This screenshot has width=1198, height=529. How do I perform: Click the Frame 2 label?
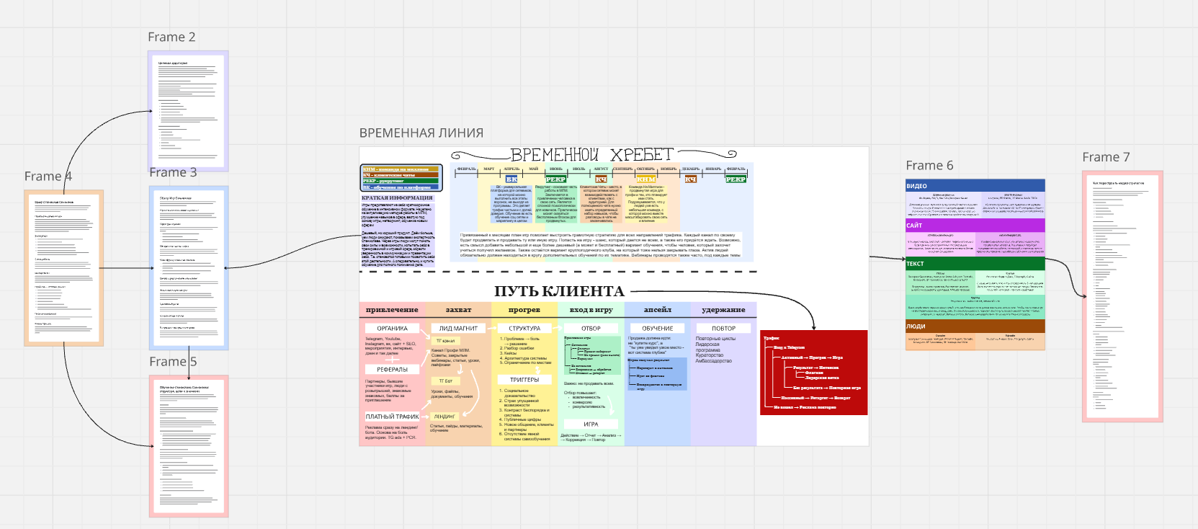[x=171, y=37]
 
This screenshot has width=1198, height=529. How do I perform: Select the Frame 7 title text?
[x=1106, y=158]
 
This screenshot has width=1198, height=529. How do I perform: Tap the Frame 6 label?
[x=929, y=166]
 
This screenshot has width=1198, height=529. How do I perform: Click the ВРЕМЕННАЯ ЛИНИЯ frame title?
[x=421, y=133]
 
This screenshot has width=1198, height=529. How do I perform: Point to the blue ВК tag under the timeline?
[x=511, y=179]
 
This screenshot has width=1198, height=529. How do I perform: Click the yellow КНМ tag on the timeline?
[x=646, y=179]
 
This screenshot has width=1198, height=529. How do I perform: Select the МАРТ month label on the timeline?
[x=489, y=169]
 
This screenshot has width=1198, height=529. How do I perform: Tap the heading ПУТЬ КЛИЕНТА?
[x=559, y=291]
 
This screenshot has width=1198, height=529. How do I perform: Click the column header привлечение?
[x=392, y=310]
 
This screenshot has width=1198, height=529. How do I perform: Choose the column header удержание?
[x=723, y=310]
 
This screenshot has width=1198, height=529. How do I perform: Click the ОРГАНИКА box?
[x=392, y=329]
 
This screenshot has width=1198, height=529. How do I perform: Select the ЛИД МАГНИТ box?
[x=458, y=329]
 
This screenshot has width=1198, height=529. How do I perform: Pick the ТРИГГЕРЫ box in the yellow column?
[x=524, y=380]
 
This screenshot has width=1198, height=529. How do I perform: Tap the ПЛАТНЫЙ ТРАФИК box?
[x=392, y=417]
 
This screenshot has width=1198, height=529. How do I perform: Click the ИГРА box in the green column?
[x=591, y=424]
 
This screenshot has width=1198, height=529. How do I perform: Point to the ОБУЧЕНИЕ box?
[x=657, y=329]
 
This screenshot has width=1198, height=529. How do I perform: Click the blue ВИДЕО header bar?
[x=975, y=186]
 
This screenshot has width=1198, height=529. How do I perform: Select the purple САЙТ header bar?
[x=975, y=226]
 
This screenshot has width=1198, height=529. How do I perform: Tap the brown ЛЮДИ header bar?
[x=975, y=326]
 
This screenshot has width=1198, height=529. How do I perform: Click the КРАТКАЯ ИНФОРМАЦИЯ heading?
[x=397, y=197]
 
